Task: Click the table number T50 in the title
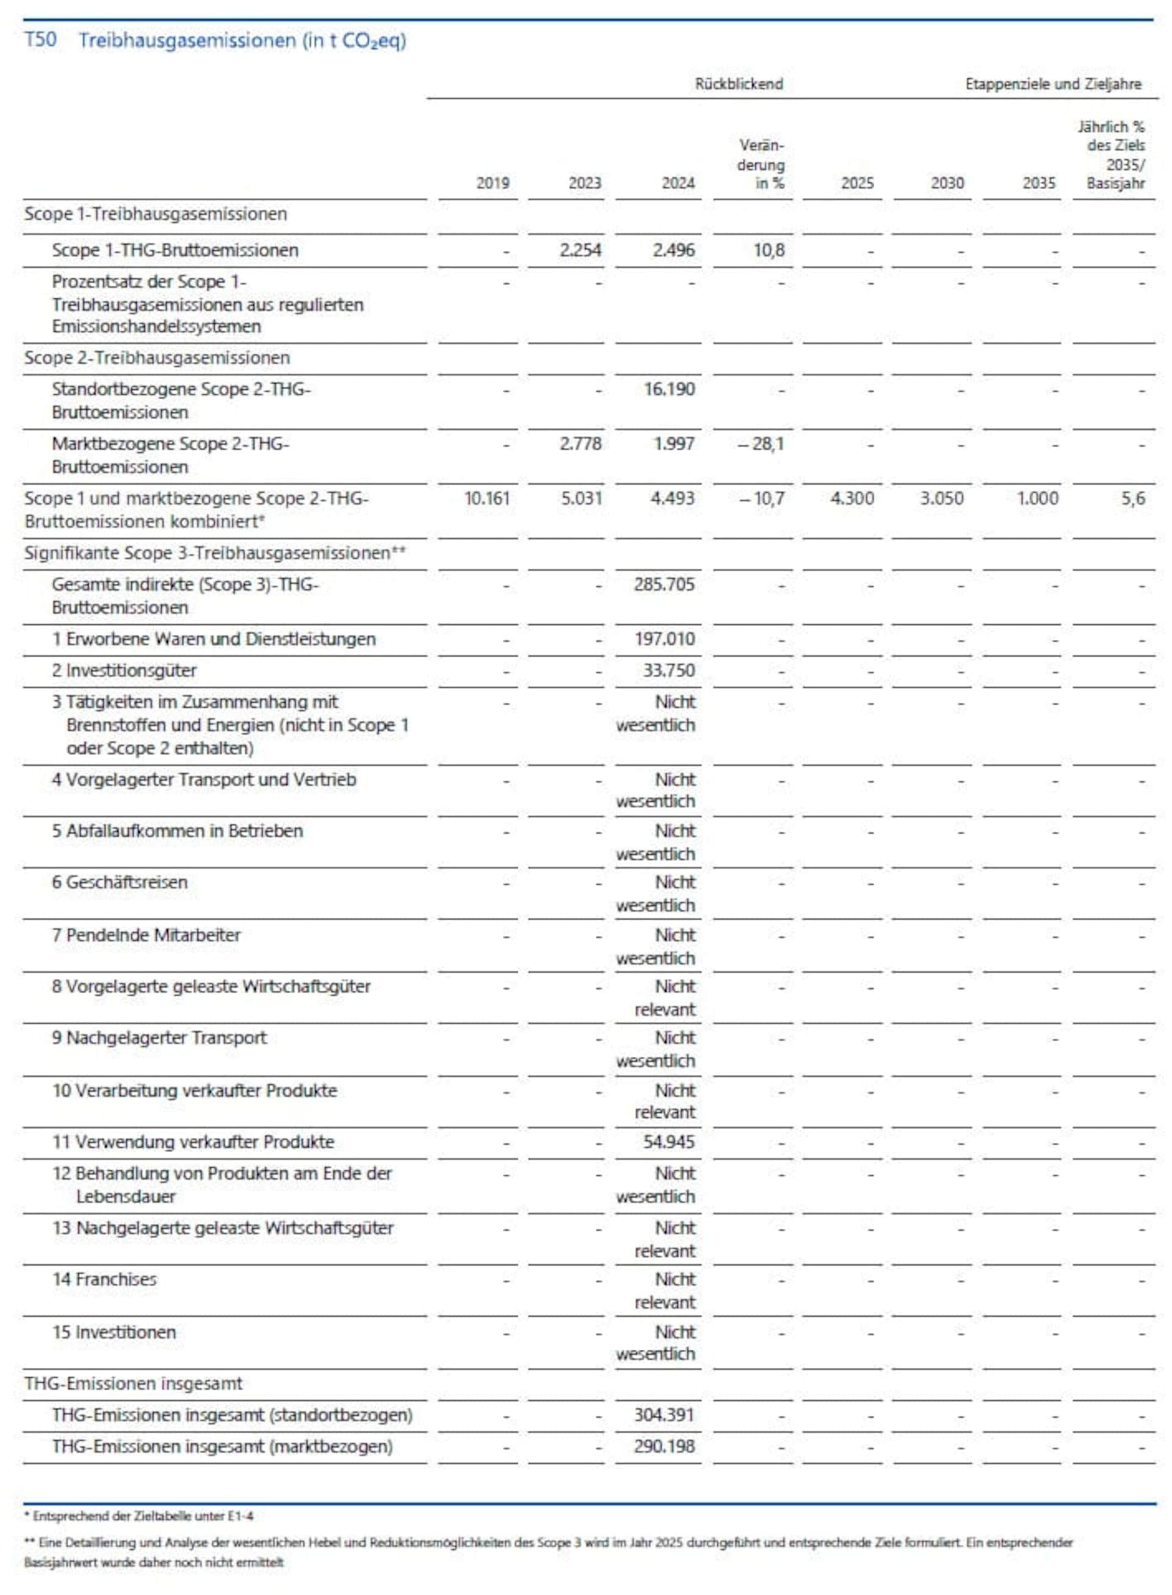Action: coord(40,40)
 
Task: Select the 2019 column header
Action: coord(493,183)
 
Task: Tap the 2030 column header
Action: coord(947,183)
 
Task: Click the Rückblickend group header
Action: coord(739,84)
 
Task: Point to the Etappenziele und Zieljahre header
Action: coord(1053,84)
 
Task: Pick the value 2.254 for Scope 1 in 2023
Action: coord(581,250)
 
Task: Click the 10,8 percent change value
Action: coord(769,250)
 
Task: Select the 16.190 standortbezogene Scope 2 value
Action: coord(669,389)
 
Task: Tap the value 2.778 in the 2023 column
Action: coord(581,444)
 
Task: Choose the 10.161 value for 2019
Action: coord(487,499)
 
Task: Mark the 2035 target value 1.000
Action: coord(1037,499)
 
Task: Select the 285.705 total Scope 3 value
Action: coord(664,585)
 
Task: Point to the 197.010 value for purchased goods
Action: coord(664,639)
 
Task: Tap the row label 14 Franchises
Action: coord(104,1280)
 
